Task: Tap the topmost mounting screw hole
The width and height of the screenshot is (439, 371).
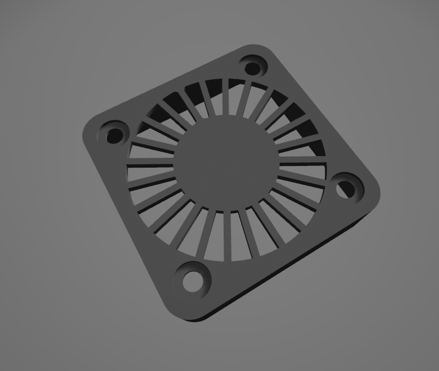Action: pyautogui.click(x=253, y=68)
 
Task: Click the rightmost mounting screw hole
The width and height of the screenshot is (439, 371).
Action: pyautogui.click(x=346, y=189)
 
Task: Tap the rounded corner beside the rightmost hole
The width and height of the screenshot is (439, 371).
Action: pyautogui.click(x=374, y=192)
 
